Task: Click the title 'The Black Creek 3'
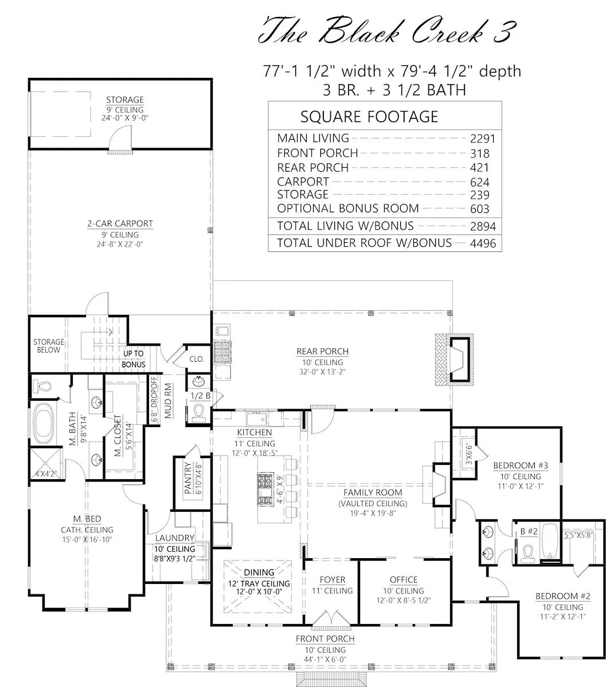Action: click(x=388, y=31)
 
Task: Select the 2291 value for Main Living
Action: click(x=483, y=139)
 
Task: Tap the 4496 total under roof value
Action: click(x=483, y=243)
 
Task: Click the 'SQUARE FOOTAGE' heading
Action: click(x=369, y=117)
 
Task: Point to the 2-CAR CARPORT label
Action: click(x=120, y=224)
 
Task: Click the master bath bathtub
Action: click(x=44, y=423)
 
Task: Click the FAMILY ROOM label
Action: click(x=373, y=492)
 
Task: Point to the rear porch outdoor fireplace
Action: click(x=455, y=360)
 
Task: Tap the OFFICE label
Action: click(x=404, y=579)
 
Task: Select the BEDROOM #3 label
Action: click(x=521, y=465)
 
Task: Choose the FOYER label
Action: click(x=332, y=579)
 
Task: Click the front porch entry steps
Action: click(x=331, y=679)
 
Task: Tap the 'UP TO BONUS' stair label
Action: click(x=134, y=359)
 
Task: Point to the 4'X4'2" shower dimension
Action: click(x=46, y=474)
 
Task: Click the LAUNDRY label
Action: click(x=175, y=538)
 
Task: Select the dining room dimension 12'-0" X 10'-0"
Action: click(x=259, y=592)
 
